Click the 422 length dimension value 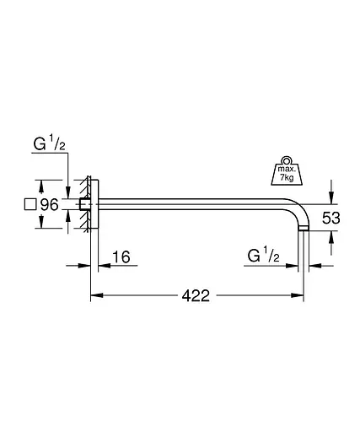pyautogui.click(x=196, y=295)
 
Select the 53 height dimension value pyautogui.click(x=330, y=218)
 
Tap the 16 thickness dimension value pyautogui.click(x=121, y=256)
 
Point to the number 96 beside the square pyautogui.click(x=50, y=204)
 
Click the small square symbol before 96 pyautogui.click(x=30, y=204)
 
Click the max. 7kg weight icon pyautogui.click(x=287, y=171)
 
